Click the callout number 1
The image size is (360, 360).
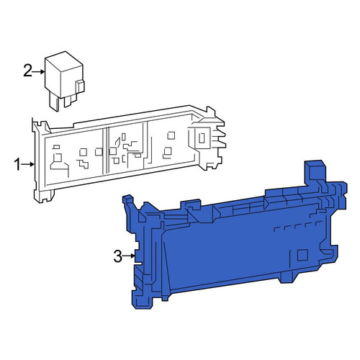pos(17,165)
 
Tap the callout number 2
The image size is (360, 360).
pos(27,71)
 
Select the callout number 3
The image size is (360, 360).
pos(118,256)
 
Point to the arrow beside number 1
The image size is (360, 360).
pos(28,164)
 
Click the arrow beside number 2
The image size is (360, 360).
pos(39,71)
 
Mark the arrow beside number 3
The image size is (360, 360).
pos(129,256)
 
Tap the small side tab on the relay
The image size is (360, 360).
pos(80,87)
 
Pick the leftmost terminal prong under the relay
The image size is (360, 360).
pos(54,103)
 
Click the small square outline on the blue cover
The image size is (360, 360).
pos(302,255)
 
